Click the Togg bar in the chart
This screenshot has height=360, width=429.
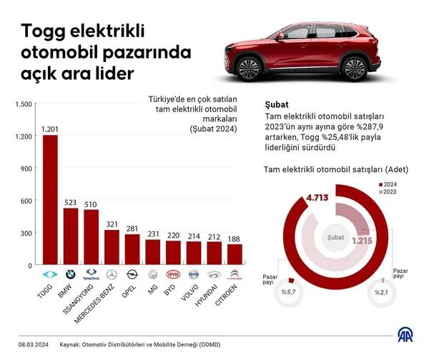tap(50, 200)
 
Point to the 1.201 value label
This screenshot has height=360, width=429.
tap(50, 129)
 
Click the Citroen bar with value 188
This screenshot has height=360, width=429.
tap(234, 254)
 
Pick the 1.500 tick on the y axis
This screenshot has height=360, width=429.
tap(24, 104)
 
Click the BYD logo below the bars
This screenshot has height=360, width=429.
tap(172, 274)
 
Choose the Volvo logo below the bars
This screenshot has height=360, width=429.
tap(193, 274)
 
